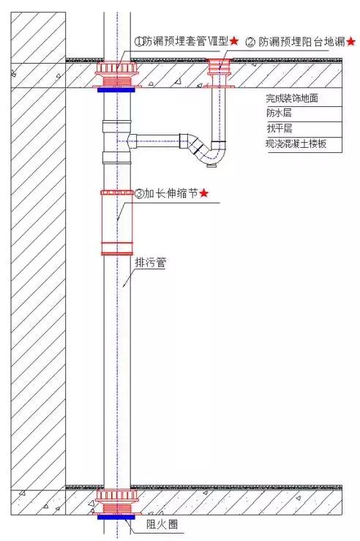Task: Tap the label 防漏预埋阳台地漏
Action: pos(301,42)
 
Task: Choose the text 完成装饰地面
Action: pos(293,98)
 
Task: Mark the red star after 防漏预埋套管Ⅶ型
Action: pos(234,42)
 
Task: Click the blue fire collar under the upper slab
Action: pos(117,89)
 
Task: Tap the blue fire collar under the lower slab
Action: pos(117,516)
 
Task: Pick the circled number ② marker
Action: pos(250,42)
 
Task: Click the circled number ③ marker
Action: pos(139,194)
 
